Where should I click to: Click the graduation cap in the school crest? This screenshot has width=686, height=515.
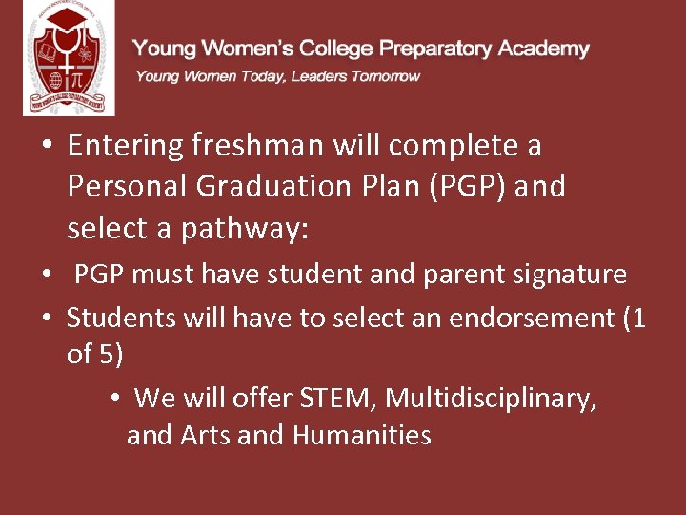67,21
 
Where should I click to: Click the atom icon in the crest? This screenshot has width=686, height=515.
88,49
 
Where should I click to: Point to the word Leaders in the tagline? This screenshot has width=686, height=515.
319,76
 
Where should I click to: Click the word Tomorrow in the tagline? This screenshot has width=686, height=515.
385,76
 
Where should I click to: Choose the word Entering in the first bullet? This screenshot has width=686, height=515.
125,146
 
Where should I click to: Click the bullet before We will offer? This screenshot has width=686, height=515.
113,398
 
